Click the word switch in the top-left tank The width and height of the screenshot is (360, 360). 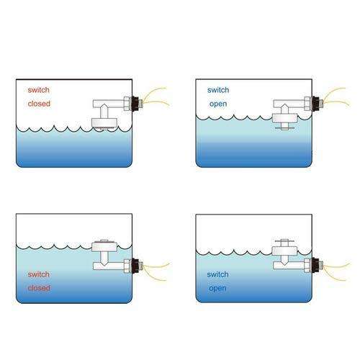pyautogui.click(x=39, y=90)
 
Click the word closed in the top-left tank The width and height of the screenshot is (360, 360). pyautogui.click(x=39, y=104)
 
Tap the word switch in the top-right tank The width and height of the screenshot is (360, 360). pyautogui.click(x=218, y=90)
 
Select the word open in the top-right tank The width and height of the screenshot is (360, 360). pyautogui.click(x=218, y=104)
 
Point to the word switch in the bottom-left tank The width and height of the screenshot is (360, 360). pyautogui.click(x=39, y=274)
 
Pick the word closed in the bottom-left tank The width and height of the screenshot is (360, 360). pyautogui.click(x=39, y=288)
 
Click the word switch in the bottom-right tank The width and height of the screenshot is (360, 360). pyautogui.click(x=217, y=274)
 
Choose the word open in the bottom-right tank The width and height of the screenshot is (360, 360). pyautogui.click(x=217, y=289)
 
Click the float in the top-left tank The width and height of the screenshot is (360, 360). pyautogui.click(x=104, y=122)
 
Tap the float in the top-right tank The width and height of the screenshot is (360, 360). pyautogui.click(x=285, y=118)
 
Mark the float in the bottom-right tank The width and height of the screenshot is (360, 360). pyautogui.click(x=284, y=251)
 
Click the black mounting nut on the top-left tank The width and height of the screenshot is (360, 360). pyautogui.click(x=135, y=104)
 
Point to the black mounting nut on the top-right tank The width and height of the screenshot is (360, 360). pyautogui.click(x=315, y=104)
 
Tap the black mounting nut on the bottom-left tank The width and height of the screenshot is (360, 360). pyautogui.click(x=135, y=266)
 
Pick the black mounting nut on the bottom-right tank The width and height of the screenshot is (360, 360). pyautogui.click(x=315, y=265)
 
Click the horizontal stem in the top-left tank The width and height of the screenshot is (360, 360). pyautogui.click(x=109, y=104)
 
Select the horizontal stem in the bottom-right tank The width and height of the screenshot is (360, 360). pyautogui.click(x=289, y=265)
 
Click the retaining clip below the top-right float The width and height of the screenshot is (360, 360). pyautogui.click(x=284, y=128)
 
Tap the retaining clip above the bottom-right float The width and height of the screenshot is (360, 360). pyautogui.click(x=284, y=240)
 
